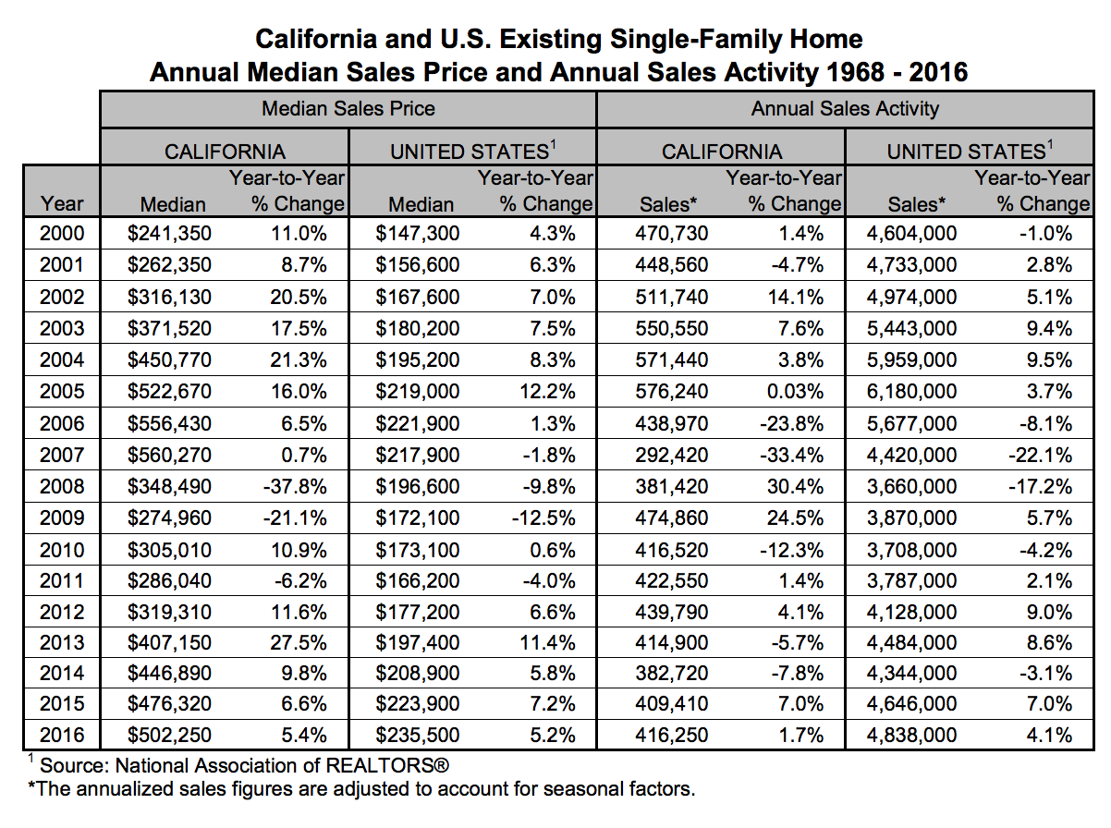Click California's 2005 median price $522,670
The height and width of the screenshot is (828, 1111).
point(169,392)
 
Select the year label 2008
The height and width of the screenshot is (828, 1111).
point(62,487)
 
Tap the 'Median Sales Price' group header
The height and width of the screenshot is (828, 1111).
point(348,109)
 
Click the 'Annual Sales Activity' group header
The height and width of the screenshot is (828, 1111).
point(845,109)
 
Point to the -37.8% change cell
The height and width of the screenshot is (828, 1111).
point(295,487)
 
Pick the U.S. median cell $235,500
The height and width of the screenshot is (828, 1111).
point(417,735)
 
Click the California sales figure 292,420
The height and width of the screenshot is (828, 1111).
point(672,456)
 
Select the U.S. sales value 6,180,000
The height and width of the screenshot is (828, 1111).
point(911,392)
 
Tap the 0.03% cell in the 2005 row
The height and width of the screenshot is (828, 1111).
point(795,392)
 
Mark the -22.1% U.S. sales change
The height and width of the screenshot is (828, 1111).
point(1040,456)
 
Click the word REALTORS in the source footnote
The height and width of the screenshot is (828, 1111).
point(379,766)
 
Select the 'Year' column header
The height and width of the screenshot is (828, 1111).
point(62,204)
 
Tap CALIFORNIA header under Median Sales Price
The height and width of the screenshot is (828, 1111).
point(225,152)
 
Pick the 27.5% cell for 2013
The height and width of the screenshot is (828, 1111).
point(299,643)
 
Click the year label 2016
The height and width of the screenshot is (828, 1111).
point(62,735)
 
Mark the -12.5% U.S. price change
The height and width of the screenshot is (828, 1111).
point(543,517)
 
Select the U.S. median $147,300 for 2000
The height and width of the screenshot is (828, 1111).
point(417,233)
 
